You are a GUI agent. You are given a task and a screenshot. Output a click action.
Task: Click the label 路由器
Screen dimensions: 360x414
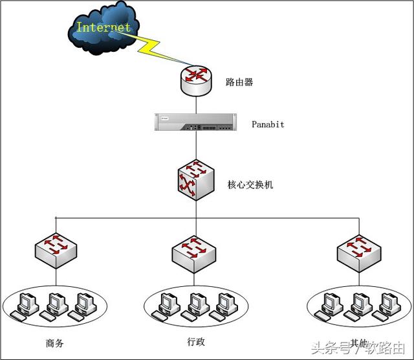pos(239,83)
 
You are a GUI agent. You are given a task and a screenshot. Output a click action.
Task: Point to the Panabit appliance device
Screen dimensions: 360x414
pos(194,122)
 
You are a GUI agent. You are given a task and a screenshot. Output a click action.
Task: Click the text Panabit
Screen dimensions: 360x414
pos(268,124)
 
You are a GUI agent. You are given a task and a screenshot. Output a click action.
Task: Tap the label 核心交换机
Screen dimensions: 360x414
pos(251,185)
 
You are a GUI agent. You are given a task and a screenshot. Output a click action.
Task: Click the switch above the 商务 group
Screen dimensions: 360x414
pos(57,249)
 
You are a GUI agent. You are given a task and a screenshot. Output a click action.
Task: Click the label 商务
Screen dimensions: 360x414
pos(55,343)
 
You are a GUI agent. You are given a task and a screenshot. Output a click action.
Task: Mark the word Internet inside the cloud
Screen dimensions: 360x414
pos(103,27)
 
